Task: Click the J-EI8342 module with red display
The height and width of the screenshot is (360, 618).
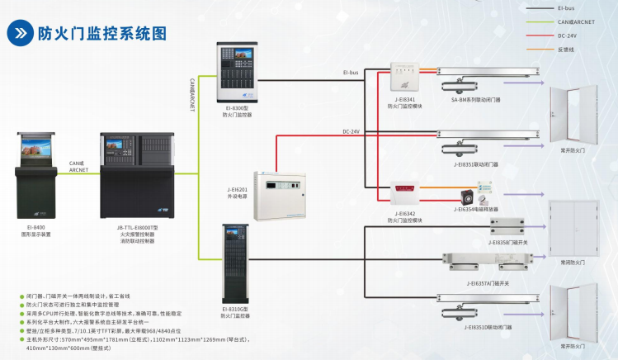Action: coord(404,196)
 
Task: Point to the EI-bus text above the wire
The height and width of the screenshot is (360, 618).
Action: coord(350,72)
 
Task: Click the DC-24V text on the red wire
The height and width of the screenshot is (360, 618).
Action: coord(351,131)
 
